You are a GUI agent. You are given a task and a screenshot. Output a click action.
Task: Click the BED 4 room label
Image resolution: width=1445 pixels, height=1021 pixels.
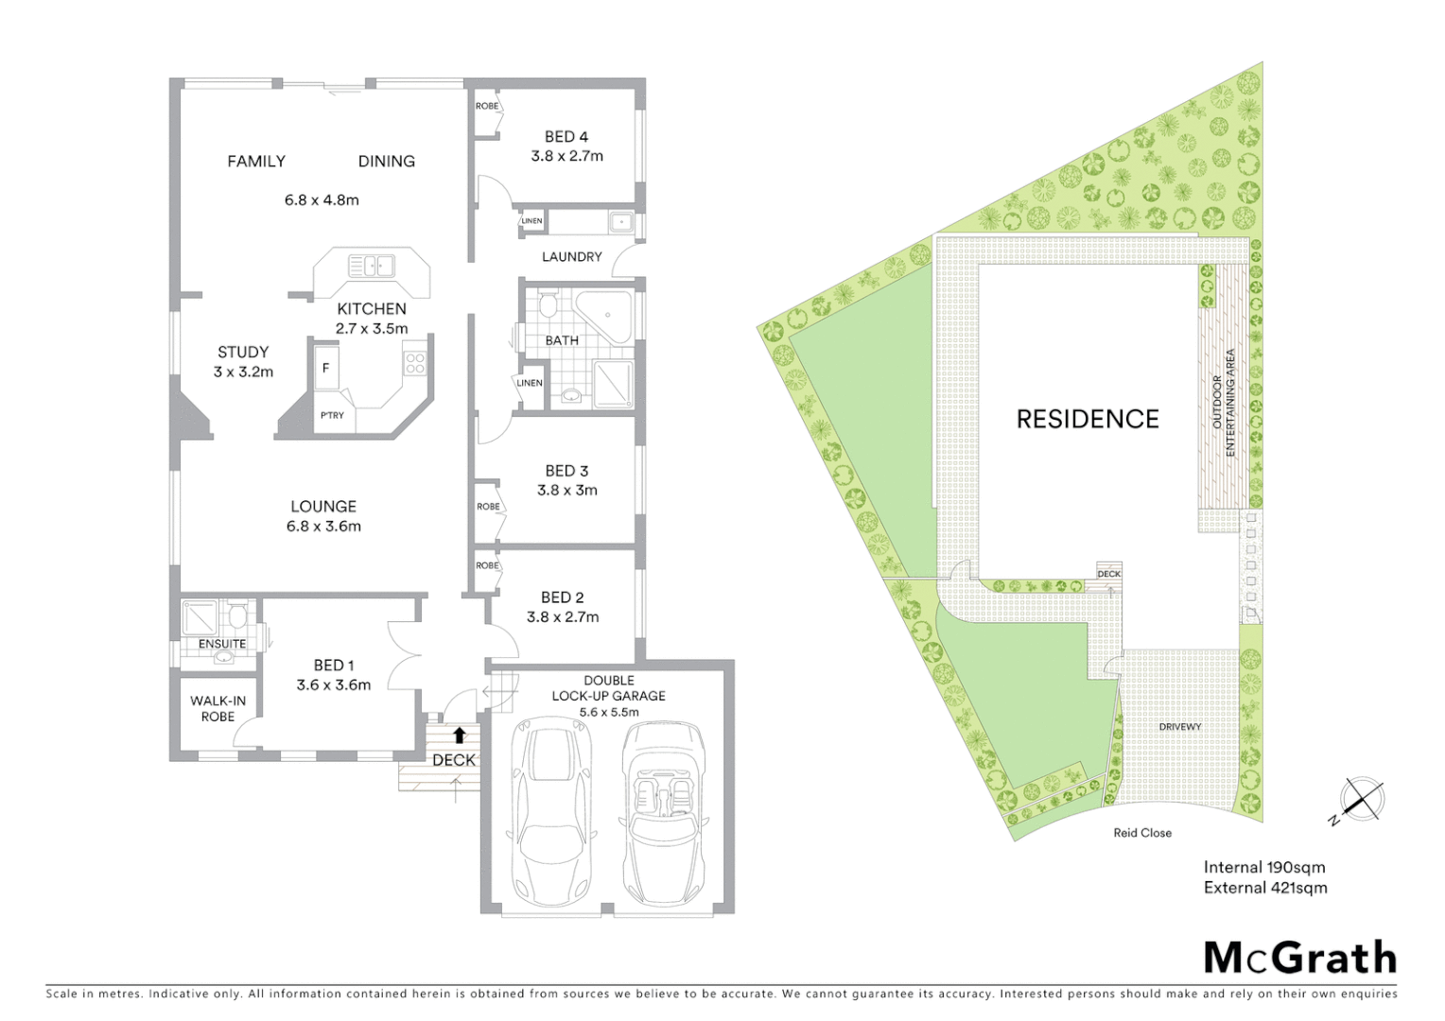(x=566, y=137)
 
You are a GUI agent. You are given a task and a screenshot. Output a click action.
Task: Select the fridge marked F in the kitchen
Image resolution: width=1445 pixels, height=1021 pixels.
(x=325, y=368)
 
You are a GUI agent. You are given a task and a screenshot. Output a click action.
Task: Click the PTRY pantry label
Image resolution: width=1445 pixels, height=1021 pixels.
(x=332, y=416)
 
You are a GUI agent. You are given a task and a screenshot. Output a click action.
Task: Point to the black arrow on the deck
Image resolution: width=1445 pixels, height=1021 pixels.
(x=460, y=735)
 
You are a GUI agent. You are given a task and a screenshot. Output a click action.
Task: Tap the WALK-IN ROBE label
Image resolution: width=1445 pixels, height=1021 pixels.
(x=218, y=708)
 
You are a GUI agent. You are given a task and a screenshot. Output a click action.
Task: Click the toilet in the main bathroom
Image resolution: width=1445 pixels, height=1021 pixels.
(x=548, y=306)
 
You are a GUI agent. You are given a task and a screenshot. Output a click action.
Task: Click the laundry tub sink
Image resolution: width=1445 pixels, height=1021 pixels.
(x=620, y=223)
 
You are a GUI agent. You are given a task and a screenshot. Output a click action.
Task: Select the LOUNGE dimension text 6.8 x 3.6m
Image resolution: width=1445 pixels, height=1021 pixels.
(x=323, y=527)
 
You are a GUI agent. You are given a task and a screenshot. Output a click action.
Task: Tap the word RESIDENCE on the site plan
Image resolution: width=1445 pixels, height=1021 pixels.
(x=1088, y=419)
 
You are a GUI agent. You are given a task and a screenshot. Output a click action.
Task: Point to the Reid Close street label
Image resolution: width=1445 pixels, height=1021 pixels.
(x=1142, y=833)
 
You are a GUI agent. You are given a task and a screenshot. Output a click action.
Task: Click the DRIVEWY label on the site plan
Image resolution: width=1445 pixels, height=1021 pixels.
(x=1180, y=727)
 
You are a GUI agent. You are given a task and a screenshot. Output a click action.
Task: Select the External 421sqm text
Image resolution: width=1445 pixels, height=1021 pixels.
(x=1265, y=888)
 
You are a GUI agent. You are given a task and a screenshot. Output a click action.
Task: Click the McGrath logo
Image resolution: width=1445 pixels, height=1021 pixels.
(x=1300, y=958)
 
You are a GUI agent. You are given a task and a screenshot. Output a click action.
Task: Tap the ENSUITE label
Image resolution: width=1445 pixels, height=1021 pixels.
(x=222, y=644)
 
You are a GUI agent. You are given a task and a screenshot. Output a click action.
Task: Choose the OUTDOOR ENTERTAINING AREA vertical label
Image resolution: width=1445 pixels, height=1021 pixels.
(x=1224, y=403)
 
